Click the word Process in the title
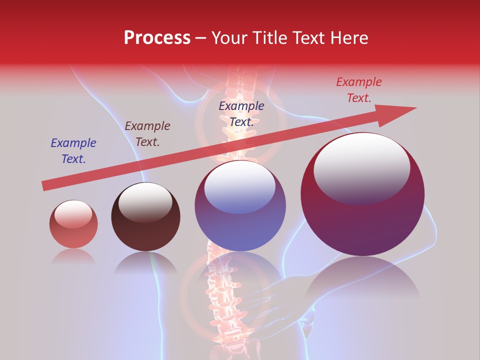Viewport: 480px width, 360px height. pos(157,38)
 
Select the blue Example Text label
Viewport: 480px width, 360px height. pos(73,151)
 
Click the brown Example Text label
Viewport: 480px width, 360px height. pos(147,134)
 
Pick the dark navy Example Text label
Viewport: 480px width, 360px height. pos(241,114)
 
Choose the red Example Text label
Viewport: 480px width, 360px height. pos(359,90)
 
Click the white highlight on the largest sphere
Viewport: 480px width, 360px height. pos(361,167)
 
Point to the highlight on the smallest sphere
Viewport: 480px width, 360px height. pos(73,213)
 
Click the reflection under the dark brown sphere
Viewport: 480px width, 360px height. pos(145,263)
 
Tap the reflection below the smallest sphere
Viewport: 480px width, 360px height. pos(73,256)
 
